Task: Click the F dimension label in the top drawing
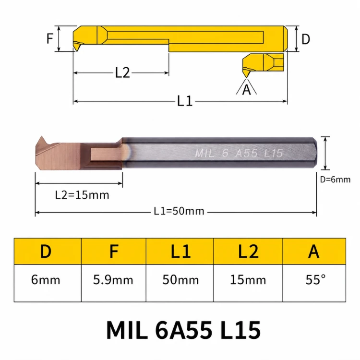pyautogui.click(x=50, y=38)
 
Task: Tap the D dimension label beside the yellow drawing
pyautogui.click(x=306, y=39)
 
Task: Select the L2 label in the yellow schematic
pyautogui.click(x=122, y=73)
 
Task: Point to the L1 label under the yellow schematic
pyautogui.click(x=185, y=101)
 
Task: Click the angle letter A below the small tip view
pyautogui.click(x=247, y=90)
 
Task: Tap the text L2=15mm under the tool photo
pyautogui.click(x=82, y=195)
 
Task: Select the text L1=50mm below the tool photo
pyautogui.click(x=179, y=211)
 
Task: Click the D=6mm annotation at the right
pyautogui.click(x=335, y=180)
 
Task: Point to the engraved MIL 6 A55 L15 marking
pyautogui.click(x=239, y=153)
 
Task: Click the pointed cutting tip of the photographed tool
pyautogui.click(x=42, y=137)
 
